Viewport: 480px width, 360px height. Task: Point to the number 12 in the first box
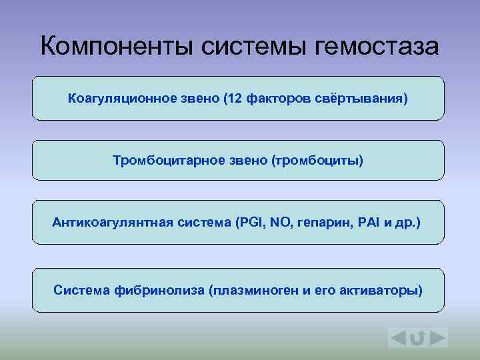[x=233, y=99]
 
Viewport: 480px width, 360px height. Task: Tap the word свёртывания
[x=363, y=99]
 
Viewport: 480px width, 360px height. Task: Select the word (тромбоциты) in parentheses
[x=316, y=161]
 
